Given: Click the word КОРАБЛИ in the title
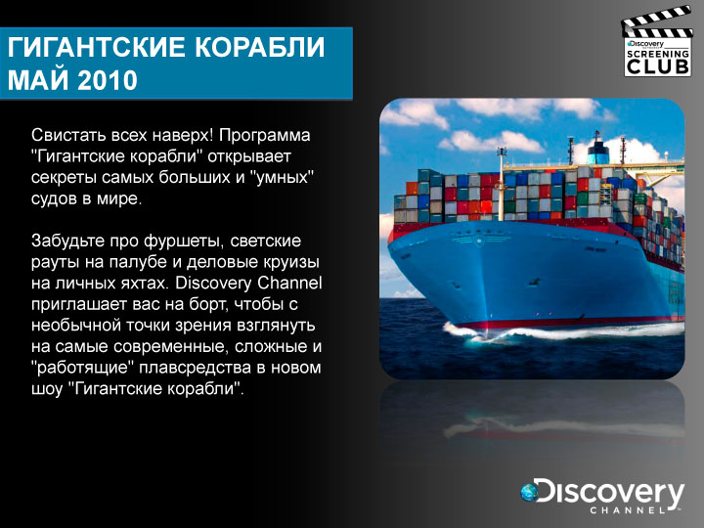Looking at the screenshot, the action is coord(260,47).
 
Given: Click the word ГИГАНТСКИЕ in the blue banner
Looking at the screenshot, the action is coord(98,47).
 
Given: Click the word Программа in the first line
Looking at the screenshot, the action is coord(265,136).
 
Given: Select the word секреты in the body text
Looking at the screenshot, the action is coord(64,178).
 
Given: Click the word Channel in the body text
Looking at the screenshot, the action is coord(289,283).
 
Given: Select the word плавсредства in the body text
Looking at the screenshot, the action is coord(196,368).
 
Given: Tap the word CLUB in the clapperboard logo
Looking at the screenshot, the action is coord(658,66).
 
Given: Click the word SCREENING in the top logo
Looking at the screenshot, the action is coord(658,54).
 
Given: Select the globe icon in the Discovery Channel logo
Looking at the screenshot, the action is coord(529,492).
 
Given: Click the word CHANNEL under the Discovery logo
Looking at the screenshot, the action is coord(627,510).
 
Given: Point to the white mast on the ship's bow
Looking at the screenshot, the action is coord(501,184).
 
